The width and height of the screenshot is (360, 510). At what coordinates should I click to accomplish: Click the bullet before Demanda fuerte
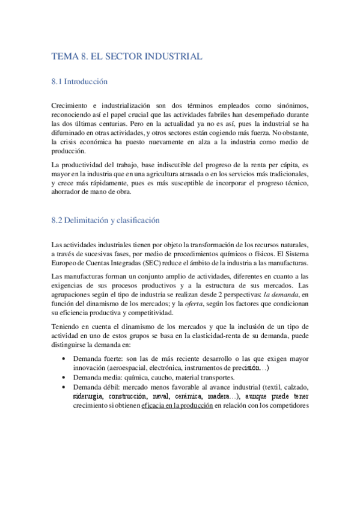(x=64, y=359)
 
